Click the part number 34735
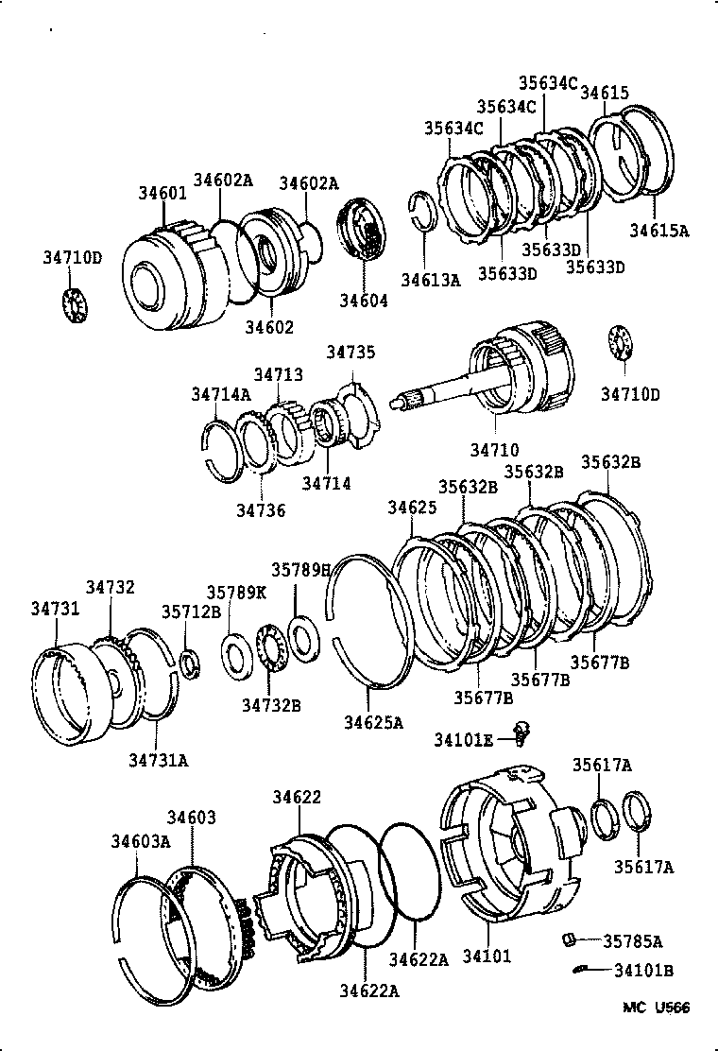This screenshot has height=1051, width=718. (351, 353)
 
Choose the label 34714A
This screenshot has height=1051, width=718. (221, 393)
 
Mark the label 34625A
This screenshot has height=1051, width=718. (373, 723)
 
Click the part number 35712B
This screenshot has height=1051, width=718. (190, 611)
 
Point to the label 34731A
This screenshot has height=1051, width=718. (159, 759)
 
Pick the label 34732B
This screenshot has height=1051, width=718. (270, 704)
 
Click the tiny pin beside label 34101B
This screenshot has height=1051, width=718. (583, 970)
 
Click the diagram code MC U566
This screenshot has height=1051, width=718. (655, 1008)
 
